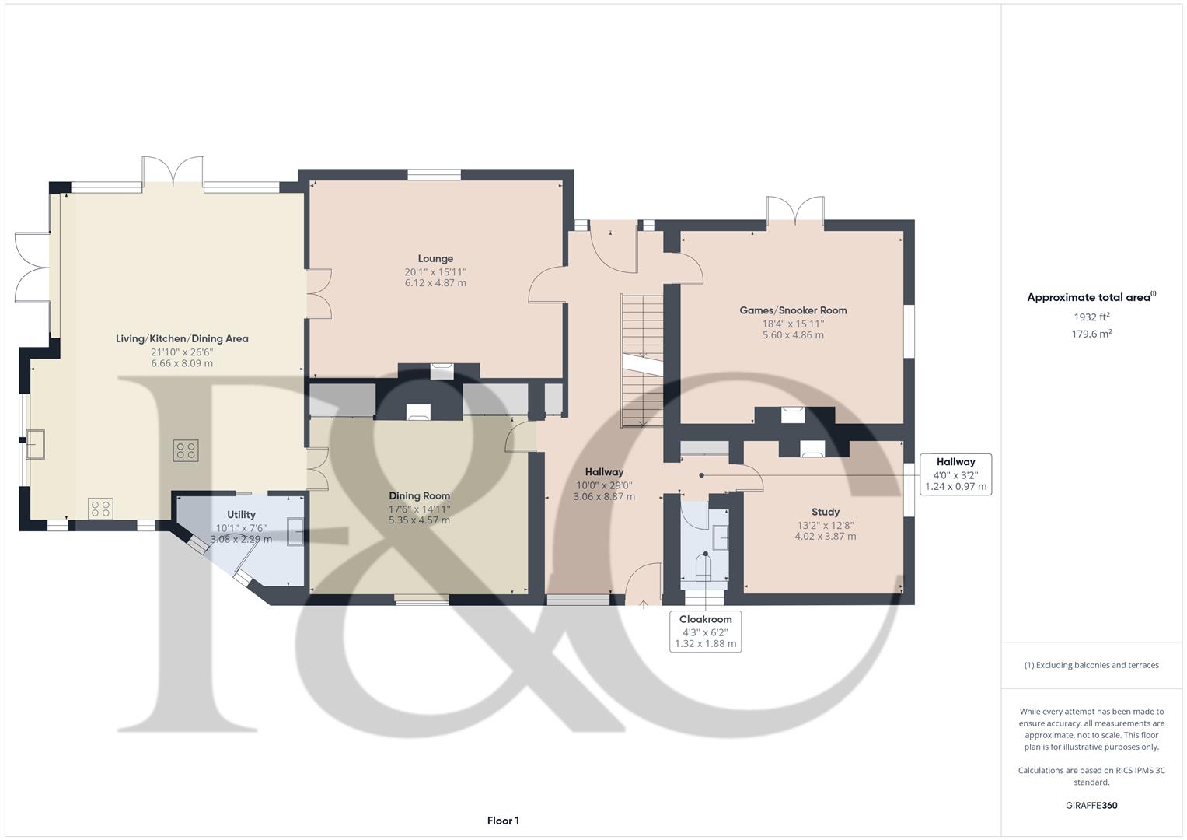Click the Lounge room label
(x=435, y=258)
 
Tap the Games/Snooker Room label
(x=793, y=310)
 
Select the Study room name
(x=825, y=512)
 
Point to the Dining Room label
(x=419, y=496)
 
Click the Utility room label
(x=241, y=514)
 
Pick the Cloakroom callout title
(x=705, y=619)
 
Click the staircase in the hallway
(x=642, y=361)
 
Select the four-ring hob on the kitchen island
(x=186, y=451)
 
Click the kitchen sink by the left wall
(x=36, y=444)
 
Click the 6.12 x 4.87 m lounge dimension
(x=435, y=282)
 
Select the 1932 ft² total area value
(x=1091, y=317)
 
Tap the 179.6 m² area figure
(x=1091, y=334)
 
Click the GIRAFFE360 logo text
(x=1091, y=805)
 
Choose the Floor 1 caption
(x=503, y=821)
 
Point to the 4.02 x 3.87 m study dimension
(x=825, y=536)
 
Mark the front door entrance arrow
(x=644, y=604)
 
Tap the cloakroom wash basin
(x=720, y=537)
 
